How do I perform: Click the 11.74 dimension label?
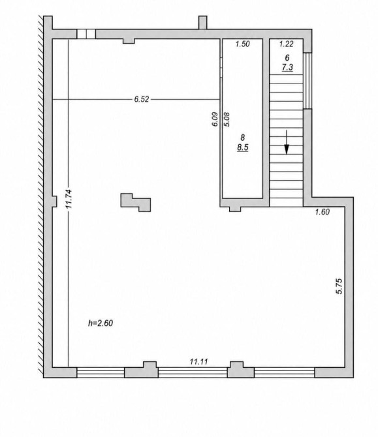(69, 199)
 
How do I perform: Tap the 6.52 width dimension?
(142, 99)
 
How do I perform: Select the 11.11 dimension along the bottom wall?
(199, 362)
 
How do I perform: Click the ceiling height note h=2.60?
(101, 324)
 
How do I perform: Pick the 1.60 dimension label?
(323, 212)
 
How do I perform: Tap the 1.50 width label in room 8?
(242, 44)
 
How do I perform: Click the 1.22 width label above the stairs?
(286, 44)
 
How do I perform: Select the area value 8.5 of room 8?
(243, 147)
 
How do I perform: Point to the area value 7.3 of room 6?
(287, 67)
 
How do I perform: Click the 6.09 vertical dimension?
(215, 119)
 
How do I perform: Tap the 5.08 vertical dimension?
(227, 119)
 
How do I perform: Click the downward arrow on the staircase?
(287, 142)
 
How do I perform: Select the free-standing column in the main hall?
(135, 202)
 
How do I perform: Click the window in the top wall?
(86, 34)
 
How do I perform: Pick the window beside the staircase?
(307, 80)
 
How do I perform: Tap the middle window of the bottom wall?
(193, 372)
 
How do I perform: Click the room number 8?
(243, 138)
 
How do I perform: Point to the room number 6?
(287, 57)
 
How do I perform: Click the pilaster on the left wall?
(54, 202)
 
